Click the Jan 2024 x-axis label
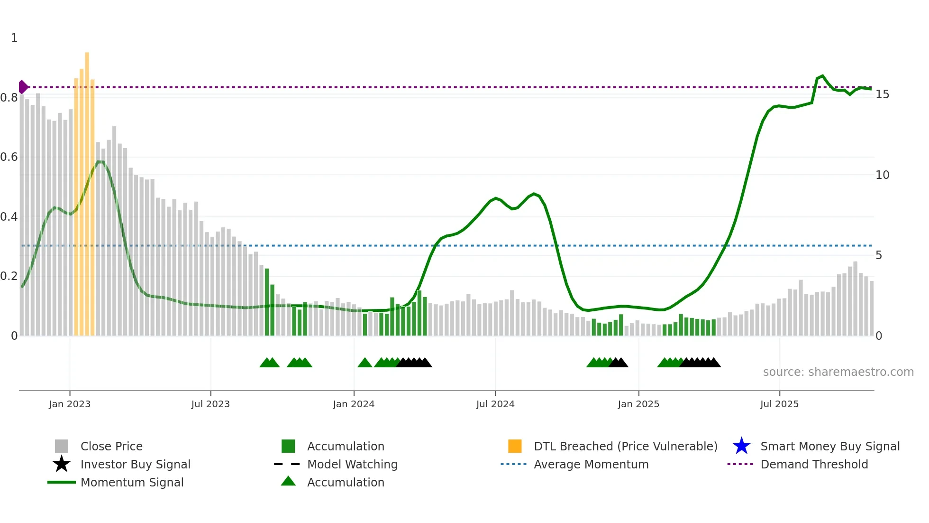tap(354, 404)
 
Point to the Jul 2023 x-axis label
tap(210, 404)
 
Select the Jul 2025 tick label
tap(779, 404)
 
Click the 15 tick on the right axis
tap(882, 94)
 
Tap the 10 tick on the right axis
tap(882, 175)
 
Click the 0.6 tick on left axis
tap(9, 157)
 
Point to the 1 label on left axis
tap(14, 38)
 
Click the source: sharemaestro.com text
tap(838, 372)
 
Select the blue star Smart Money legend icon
tap(741, 446)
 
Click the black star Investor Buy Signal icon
tap(62, 464)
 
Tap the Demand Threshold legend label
tap(814, 464)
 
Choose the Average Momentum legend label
tap(591, 464)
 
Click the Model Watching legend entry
tap(352, 464)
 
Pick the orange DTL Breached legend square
tap(515, 446)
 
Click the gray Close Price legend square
tap(62, 446)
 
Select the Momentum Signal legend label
tap(132, 482)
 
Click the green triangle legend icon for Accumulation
tap(288, 481)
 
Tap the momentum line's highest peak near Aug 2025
tap(822, 75)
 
